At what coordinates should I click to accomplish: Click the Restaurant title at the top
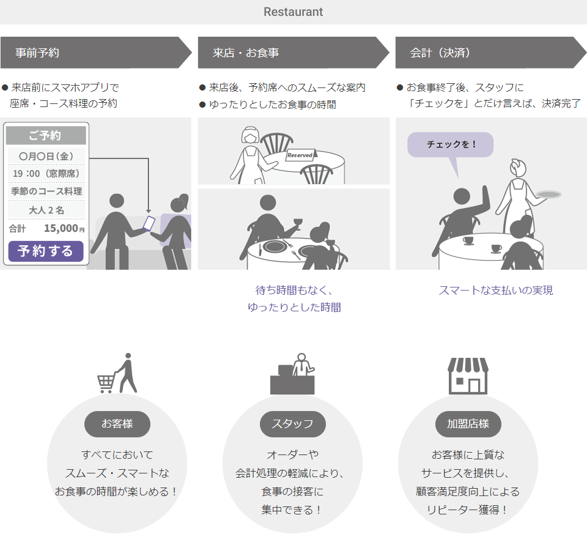point(293,12)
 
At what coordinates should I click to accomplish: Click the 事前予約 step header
point(38,53)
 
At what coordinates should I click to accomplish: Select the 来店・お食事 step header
point(246,53)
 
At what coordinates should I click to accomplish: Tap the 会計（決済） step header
point(440,53)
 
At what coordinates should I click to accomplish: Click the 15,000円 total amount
point(64,229)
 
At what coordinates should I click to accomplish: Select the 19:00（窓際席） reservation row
point(46,173)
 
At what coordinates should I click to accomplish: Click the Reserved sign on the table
point(300,155)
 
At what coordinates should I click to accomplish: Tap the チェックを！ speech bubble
point(451,144)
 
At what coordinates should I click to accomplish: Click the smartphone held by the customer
point(149,223)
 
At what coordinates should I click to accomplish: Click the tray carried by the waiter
point(548,195)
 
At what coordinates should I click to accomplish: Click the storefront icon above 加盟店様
point(468,376)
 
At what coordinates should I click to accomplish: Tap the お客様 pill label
point(117,424)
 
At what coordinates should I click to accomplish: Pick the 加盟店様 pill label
point(468,424)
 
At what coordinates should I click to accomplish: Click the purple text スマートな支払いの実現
point(495,291)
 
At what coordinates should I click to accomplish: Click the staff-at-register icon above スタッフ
point(293,374)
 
